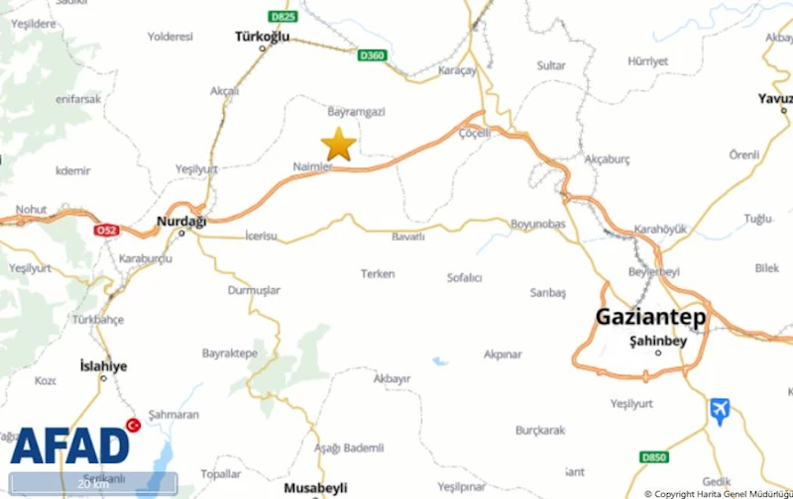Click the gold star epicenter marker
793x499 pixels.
click(x=338, y=145)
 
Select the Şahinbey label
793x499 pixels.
click(x=657, y=341)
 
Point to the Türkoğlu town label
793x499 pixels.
click(x=262, y=37)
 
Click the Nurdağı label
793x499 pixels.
click(x=181, y=222)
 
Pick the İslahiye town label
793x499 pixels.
click(x=103, y=366)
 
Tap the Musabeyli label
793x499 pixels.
click(x=316, y=488)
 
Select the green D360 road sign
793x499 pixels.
click(x=372, y=55)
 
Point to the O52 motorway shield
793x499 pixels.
click(x=105, y=231)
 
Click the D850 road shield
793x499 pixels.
click(x=653, y=456)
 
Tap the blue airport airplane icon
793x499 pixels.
click(x=720, y=410)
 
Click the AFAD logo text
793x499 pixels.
click(x=69, y=446)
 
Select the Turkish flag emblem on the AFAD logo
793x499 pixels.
click(x=133, y=426)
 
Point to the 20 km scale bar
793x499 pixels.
click(x=93, y=484)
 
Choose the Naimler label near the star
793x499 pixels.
click(x=312, y=166)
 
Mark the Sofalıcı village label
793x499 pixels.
click(x=464, y=278)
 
